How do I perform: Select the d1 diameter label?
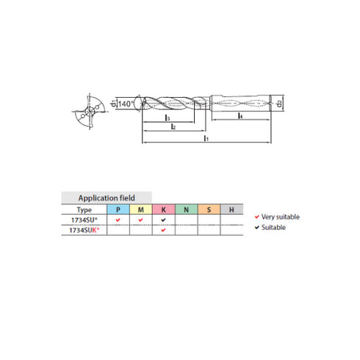pyautogui.click(x=114, y=103)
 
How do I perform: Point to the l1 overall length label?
pyautogui.click(x=206, y=138)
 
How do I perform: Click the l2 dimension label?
pyautogui.click(x=173, y=127)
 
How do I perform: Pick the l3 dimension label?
pyautogui.click(x=168, y=118)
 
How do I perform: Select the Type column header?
pyautogui.click(x=84, y=209)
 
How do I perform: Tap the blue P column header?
pyautogui.click(x=118, y=209)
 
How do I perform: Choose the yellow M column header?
pyautogui.click(x=140, y=209)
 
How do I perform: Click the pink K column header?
pyautogui.click(x=163, y=209)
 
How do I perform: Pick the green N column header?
pyautogui.click(x=186, y=209)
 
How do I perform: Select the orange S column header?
pyautogui.click(x=209, y=209)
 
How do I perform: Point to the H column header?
pyautogui.click(x=231, y=209)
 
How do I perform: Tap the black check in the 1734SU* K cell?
pyautogui.click(x=163, y=220)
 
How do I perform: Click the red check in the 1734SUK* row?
pyautogui.click(x=163, y=230)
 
